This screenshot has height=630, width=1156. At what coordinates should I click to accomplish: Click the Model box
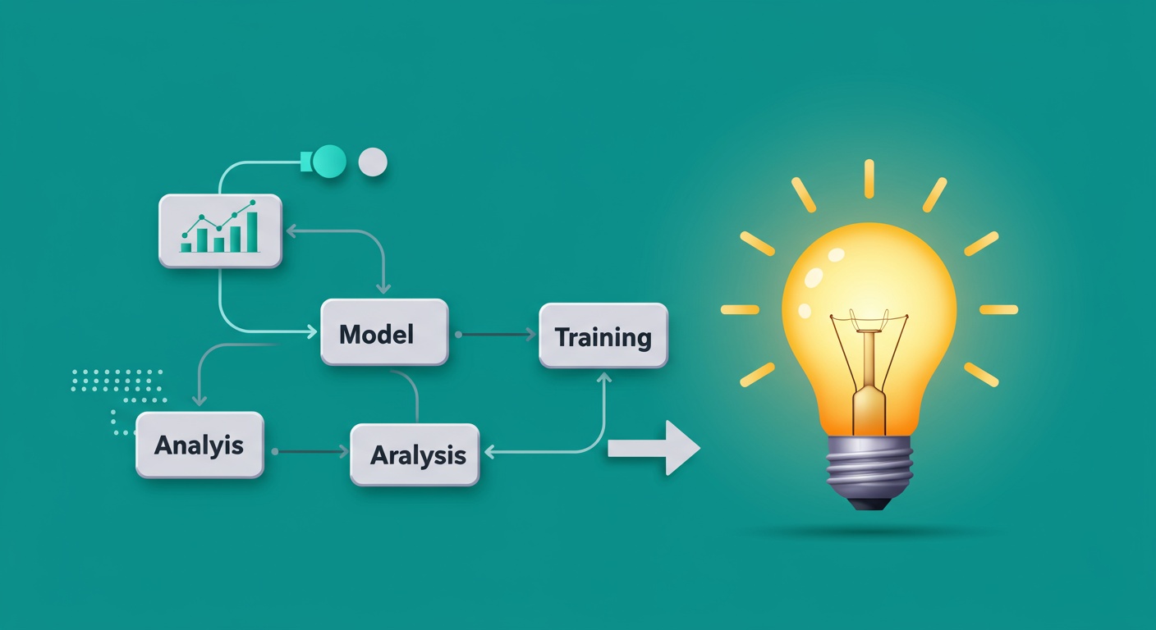click(384, 332)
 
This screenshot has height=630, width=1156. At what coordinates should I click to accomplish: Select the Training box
click(603, 336)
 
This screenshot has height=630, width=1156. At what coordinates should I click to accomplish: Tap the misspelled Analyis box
click(200, 445)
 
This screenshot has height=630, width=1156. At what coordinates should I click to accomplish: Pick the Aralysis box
click(415, 454)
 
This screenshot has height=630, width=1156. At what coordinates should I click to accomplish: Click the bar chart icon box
click(220, 231)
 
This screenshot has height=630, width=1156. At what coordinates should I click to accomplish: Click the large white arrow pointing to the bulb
click(654, 448)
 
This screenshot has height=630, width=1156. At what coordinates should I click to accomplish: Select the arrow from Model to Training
click(496, 335)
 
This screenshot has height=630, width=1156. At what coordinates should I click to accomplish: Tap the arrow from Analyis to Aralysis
click(310, 452)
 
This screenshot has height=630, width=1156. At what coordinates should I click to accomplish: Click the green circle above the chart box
click(328, 162)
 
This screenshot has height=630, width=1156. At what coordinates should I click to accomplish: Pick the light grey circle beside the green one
click(373, 162)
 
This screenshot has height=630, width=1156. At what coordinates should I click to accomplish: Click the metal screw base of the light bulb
click(869, 467)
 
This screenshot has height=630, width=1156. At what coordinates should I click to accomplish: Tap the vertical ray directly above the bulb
click(869, 179)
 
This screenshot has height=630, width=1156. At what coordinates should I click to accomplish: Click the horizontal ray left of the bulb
click(740, 309)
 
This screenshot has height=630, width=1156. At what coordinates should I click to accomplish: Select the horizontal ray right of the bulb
click(998, 309)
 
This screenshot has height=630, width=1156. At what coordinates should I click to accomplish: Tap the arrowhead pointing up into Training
click(603, 378)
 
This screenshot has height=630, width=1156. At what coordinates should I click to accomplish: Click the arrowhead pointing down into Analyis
click(200, 399)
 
